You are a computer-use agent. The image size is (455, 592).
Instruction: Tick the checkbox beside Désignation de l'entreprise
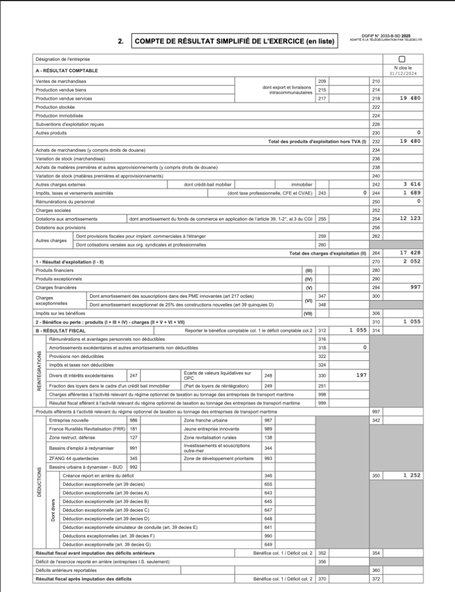point(402,59)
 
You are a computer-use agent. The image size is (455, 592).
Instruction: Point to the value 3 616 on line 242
point(412,184)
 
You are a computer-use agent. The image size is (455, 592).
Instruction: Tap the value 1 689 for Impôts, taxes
point(412,193)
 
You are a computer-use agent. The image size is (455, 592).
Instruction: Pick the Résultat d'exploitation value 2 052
point(412,261)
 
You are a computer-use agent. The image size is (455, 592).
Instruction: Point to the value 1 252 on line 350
point(412,475)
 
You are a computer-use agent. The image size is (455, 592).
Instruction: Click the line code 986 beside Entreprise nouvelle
point(134,419)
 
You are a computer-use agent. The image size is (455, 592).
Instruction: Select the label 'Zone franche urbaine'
point(204,419)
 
